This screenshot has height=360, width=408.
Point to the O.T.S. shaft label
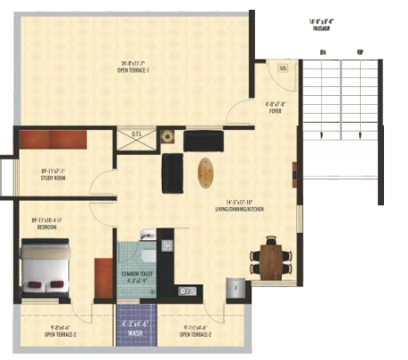click(x=138, y=135)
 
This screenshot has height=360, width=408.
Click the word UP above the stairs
click(x=359, y=53)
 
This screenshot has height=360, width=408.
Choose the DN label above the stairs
click(x=323, y=53)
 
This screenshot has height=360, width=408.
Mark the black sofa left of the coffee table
click(x=172, y=172)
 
